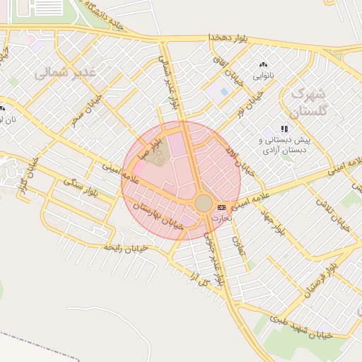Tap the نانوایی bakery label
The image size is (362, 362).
tap(264, 74)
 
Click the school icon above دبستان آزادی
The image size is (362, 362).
tap(284, 129)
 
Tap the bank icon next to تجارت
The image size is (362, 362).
tap(222, 207)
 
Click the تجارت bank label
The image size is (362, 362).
tap(222, 217)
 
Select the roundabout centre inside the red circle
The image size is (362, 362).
tap(204, 204)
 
